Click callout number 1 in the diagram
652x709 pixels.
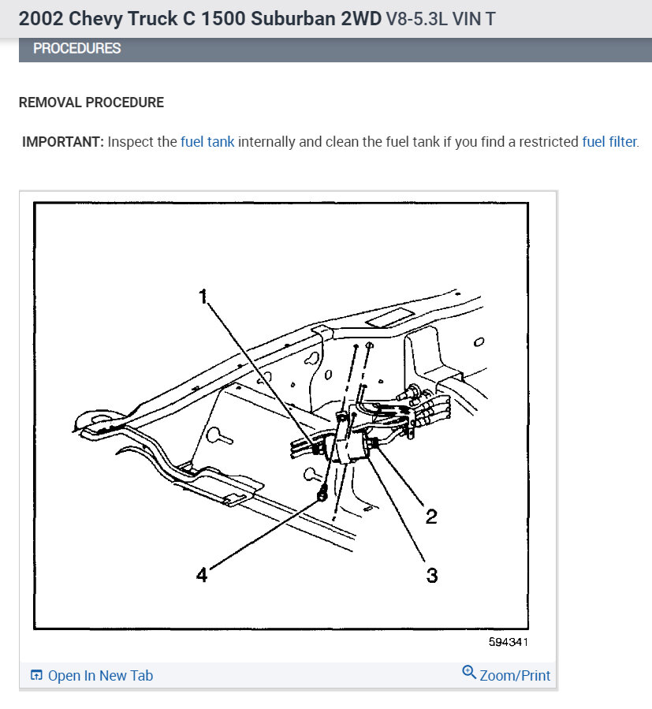203,297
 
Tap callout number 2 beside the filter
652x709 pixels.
431,517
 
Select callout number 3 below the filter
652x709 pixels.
431,575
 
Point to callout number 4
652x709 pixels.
202,575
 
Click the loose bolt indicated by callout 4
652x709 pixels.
322,494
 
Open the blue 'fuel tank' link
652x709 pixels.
207,143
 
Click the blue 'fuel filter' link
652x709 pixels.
609,143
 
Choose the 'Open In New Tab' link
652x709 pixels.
91,675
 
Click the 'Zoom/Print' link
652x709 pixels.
515,675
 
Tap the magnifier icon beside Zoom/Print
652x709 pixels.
469,673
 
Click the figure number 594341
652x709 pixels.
508,642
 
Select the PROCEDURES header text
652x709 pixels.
77,49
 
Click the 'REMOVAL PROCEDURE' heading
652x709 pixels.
91,103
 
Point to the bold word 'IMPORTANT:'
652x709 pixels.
63,143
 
